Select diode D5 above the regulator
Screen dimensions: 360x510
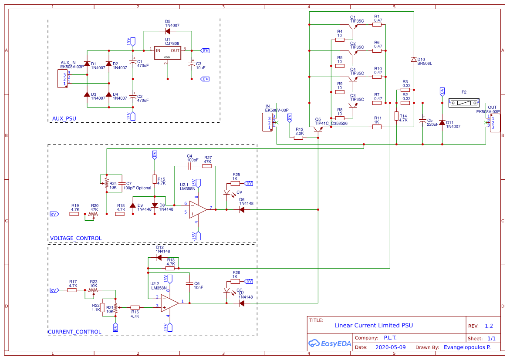coord(168,31)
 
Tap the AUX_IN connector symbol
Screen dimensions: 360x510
coord(63,79)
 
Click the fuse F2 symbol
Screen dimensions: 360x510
coord(464,103)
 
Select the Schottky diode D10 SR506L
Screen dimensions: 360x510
coord(413,59)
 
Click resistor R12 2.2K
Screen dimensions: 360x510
coord(298,138)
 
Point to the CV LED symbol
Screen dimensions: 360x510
coord(226,192)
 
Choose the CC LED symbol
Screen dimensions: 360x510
coord(226,290)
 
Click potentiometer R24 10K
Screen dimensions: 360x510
coord(106,185)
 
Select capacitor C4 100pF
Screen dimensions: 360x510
coord(189,166)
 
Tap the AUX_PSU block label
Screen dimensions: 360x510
coord(64,118)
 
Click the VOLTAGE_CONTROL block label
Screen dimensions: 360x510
coord(76,238)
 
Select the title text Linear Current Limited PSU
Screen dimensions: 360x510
coord(373,325)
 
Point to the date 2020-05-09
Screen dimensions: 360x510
coord(390,347)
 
